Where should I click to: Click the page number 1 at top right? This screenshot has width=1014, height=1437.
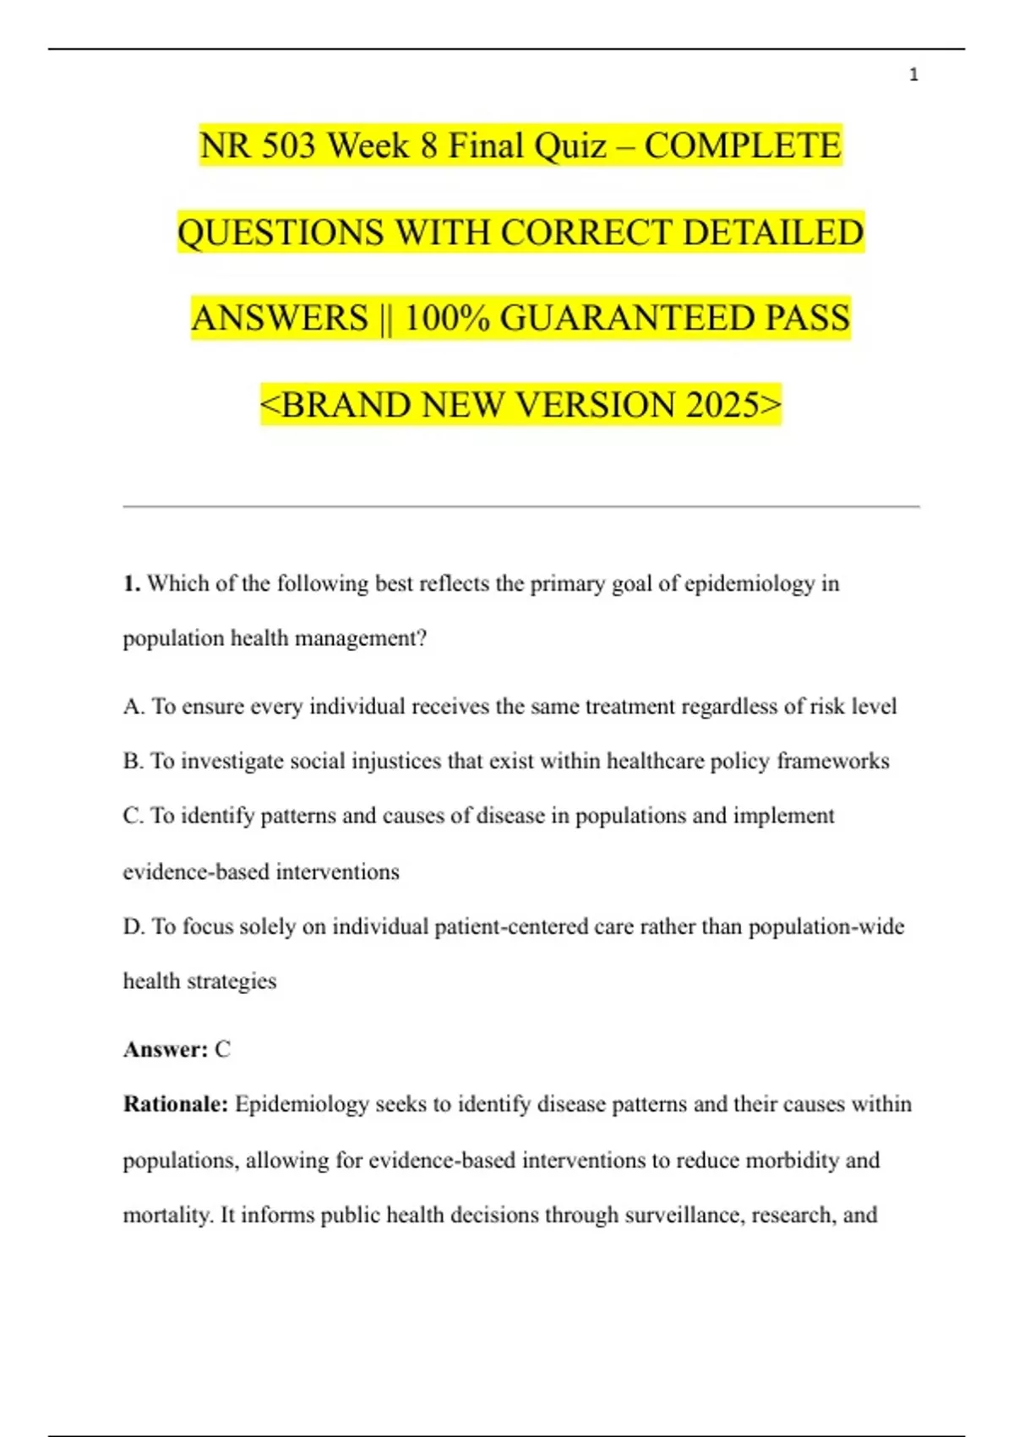pyautogui.click(x=913, y=75)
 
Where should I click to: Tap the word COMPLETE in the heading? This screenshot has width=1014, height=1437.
pyautogui.click(x=743, y=146)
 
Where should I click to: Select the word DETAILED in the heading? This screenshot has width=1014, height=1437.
pyautogui.click(x=772, y=233)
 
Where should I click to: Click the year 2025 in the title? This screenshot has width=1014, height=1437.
pyautogui.click(x=722, y=406)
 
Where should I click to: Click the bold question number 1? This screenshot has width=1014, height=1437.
pyautogui.click(x=131, y=584)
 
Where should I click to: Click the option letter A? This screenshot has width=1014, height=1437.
pyautogui.click(x=133, y=707)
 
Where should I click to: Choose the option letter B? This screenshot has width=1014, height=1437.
pyautogui.click(x=132, y=762)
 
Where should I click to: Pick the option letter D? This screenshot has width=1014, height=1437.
pyautogui.click(x=133, y=927)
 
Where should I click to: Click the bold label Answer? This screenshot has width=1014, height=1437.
pyautogui.click(x=166, y=1050)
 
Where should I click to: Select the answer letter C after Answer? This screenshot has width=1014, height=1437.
pyautogui.click(x=222, y=1050)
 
